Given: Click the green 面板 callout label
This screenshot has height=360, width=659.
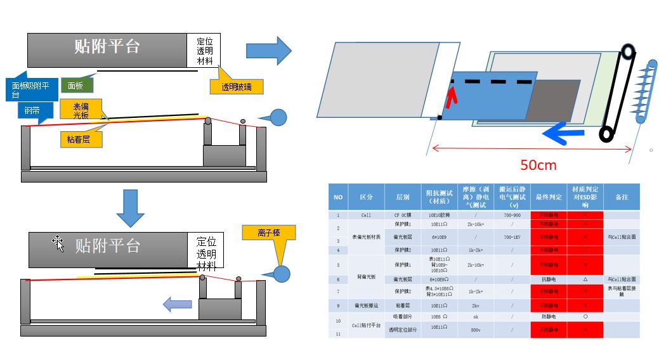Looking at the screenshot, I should pos(76,85).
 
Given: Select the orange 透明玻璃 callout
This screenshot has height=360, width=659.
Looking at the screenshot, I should pos(236,87).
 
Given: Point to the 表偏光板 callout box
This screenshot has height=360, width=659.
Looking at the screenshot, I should pos(81,110).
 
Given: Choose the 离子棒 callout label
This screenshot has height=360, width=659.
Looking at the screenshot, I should pos(269,233).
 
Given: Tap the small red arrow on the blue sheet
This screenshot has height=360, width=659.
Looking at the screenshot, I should pos(451,98).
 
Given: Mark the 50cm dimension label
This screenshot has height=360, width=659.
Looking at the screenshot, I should pos(538,165).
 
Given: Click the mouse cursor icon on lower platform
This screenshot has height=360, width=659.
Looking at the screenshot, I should pos(59,243).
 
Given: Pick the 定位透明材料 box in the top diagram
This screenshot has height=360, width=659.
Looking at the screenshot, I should pos(204,50).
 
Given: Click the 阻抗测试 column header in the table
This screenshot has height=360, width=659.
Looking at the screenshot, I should pos(440,196).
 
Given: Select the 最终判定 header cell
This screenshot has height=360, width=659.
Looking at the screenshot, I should pos(549,196).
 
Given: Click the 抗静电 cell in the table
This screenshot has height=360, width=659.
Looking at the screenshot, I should pos(549,279).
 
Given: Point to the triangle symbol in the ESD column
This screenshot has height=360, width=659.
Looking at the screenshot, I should pos(585,279).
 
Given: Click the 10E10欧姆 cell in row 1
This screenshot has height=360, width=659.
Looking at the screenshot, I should pos(440,215).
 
